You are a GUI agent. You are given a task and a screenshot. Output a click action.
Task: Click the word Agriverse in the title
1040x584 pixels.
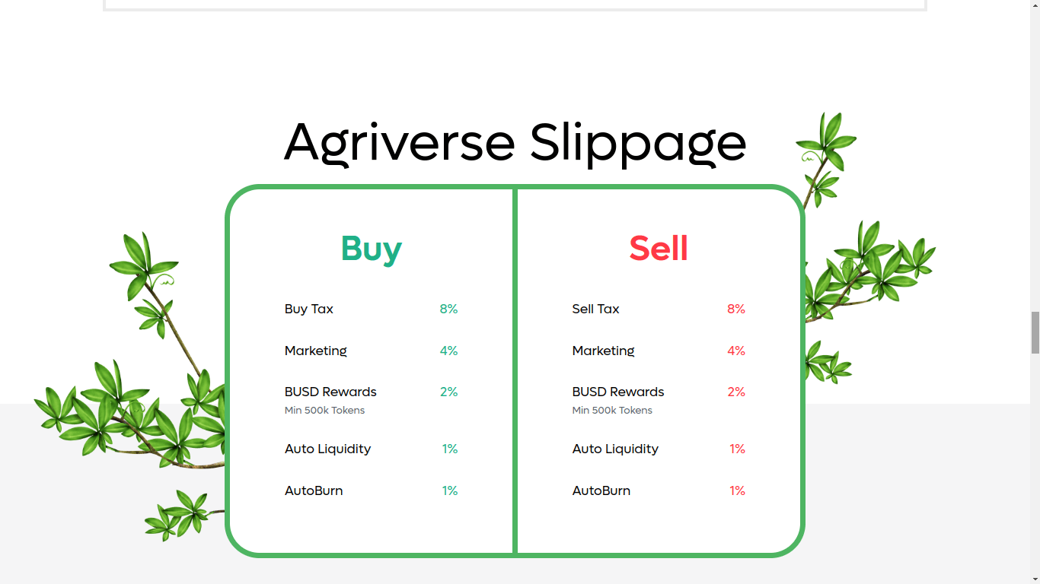pos(399,143)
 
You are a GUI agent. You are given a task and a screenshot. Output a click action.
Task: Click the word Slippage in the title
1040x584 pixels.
pos(638,143)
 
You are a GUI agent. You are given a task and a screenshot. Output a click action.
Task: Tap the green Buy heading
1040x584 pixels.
pos(372,249)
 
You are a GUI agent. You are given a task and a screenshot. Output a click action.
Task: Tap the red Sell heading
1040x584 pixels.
pos(659,248)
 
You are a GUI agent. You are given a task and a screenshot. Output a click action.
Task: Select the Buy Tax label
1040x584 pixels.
pos(309,309)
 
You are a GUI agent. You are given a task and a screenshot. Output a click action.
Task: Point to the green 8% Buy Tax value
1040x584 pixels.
pos(448,309)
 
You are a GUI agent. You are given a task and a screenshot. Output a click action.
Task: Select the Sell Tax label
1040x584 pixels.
pos(595,309)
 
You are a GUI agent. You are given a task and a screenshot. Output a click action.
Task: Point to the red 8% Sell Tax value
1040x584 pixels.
pos(736,309)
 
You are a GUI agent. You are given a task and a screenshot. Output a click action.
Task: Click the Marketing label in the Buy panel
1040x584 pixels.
pos(316,351)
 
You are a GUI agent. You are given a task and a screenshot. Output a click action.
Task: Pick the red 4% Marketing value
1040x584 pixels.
pos(736,351)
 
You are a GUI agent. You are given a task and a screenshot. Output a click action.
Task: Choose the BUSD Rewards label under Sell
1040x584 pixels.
pos(618,392)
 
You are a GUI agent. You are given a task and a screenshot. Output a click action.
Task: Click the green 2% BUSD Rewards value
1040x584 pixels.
pos(448,392)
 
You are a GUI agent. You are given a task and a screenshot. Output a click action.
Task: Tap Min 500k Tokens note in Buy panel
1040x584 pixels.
pos(324,410)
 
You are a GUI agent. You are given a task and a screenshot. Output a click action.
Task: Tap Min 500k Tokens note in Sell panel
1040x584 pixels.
pos(612,410)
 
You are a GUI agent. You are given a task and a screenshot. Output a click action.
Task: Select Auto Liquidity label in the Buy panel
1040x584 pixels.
pos(328,449)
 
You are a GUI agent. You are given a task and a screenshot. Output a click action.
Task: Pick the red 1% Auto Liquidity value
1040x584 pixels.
pos(737,449)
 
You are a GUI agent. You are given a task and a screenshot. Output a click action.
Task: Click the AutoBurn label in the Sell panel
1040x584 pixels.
pos(601,490)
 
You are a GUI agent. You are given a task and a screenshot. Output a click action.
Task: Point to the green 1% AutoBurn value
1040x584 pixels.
pos(450,490)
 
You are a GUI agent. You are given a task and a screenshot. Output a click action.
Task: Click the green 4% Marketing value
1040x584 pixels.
pos(448,351)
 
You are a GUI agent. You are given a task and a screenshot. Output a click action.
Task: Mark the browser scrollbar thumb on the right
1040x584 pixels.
pos(1035,332)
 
